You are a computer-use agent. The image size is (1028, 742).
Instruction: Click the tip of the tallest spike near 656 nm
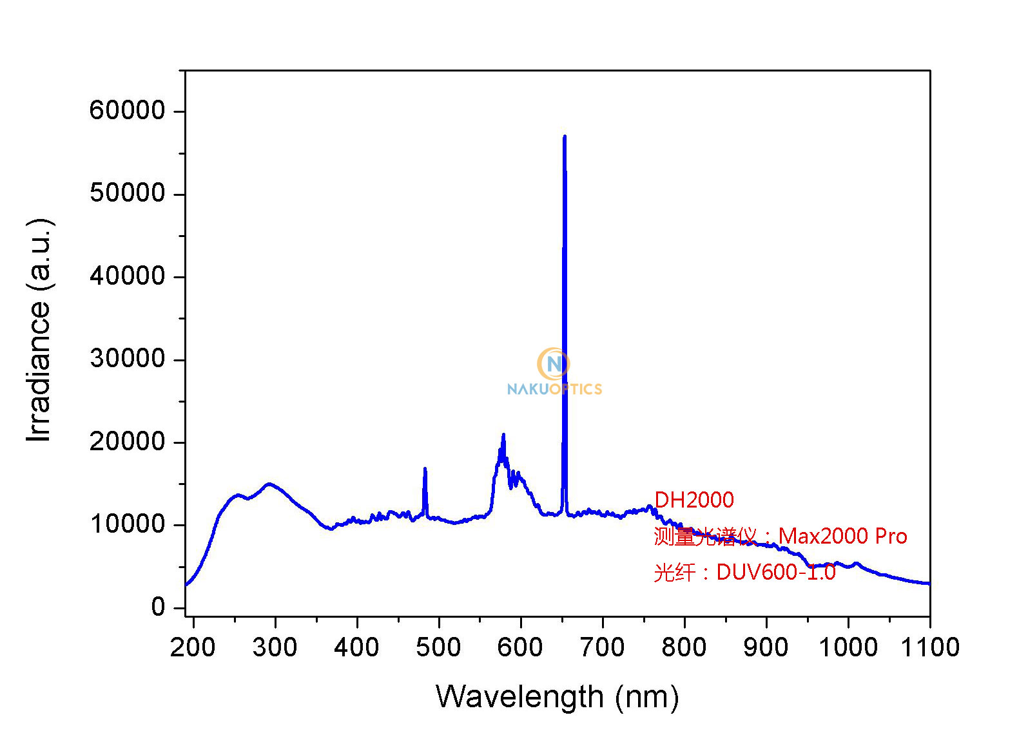point(565,137)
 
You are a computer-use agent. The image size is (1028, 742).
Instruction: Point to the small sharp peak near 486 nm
point(425,469)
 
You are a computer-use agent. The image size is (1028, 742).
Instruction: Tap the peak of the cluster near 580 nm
point(503,435)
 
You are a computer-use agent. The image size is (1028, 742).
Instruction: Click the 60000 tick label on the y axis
point(128,110)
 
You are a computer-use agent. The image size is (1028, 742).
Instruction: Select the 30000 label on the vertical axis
point(128,359)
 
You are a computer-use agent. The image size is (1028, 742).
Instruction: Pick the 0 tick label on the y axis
point(158,607)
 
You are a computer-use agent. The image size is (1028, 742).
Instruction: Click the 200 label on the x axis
point(193,647)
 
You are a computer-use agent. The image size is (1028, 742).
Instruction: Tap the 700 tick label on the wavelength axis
point(602,647)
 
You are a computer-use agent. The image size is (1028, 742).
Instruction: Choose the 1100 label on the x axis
point(929,647)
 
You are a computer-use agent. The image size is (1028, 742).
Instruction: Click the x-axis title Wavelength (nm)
point(557,697)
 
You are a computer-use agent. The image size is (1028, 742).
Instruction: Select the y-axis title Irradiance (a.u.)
point(39,330)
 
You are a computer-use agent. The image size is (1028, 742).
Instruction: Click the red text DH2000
point(693,500)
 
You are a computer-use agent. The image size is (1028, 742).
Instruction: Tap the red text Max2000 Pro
point(842,536)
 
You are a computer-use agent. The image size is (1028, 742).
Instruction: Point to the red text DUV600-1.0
point(775,572)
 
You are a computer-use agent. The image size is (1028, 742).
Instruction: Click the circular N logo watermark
point(553,364)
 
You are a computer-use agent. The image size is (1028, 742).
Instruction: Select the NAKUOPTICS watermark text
point(554,389)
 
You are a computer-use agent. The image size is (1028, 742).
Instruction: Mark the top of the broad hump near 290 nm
point(269,484)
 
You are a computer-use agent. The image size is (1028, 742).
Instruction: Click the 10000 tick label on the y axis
point(128,524)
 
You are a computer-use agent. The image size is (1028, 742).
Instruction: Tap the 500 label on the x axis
point(438,647)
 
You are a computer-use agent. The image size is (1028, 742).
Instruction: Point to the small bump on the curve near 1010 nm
point(856,564)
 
